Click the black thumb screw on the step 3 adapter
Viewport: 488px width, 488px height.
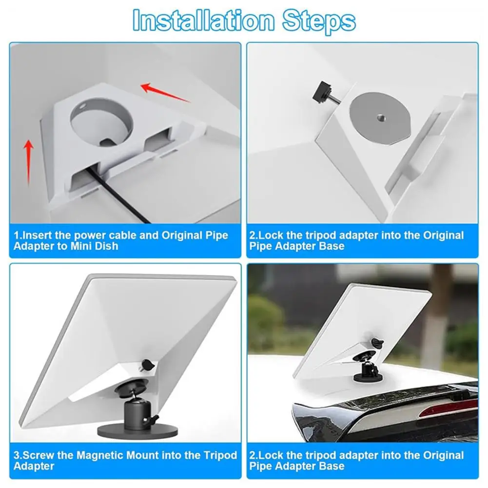146,364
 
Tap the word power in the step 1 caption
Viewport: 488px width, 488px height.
83,235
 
